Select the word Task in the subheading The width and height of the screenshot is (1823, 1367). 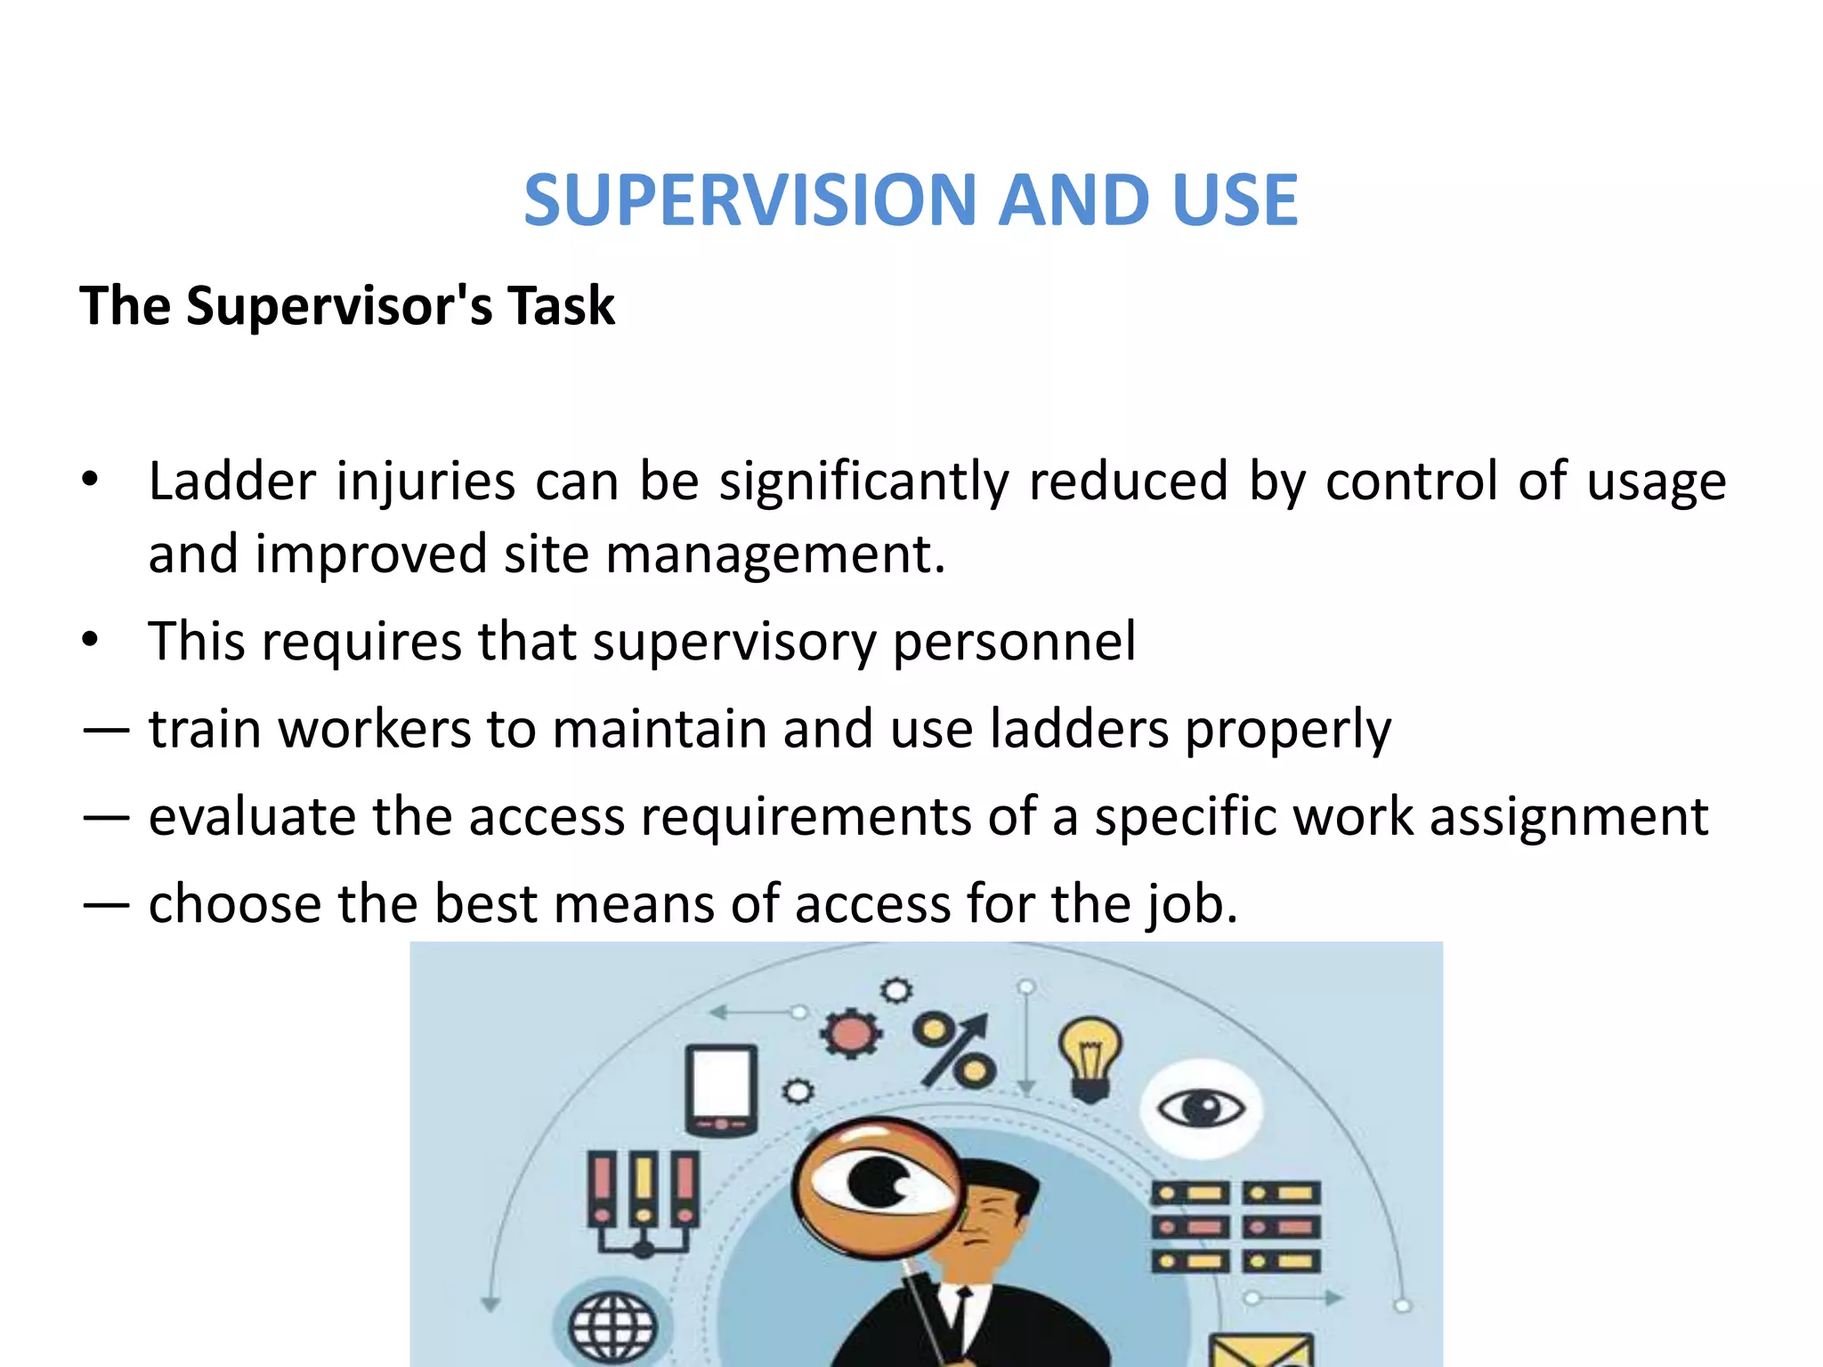(x=561, y=306)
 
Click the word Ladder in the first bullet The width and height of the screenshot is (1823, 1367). (x=231, y=481)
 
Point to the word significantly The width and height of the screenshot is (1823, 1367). (x=863, y=483)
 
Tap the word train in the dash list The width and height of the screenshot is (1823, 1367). (x=204, y=729)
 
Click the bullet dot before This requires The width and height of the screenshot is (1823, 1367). (x=89, y=640)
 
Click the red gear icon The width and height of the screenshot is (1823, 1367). (x=851, y=1033)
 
